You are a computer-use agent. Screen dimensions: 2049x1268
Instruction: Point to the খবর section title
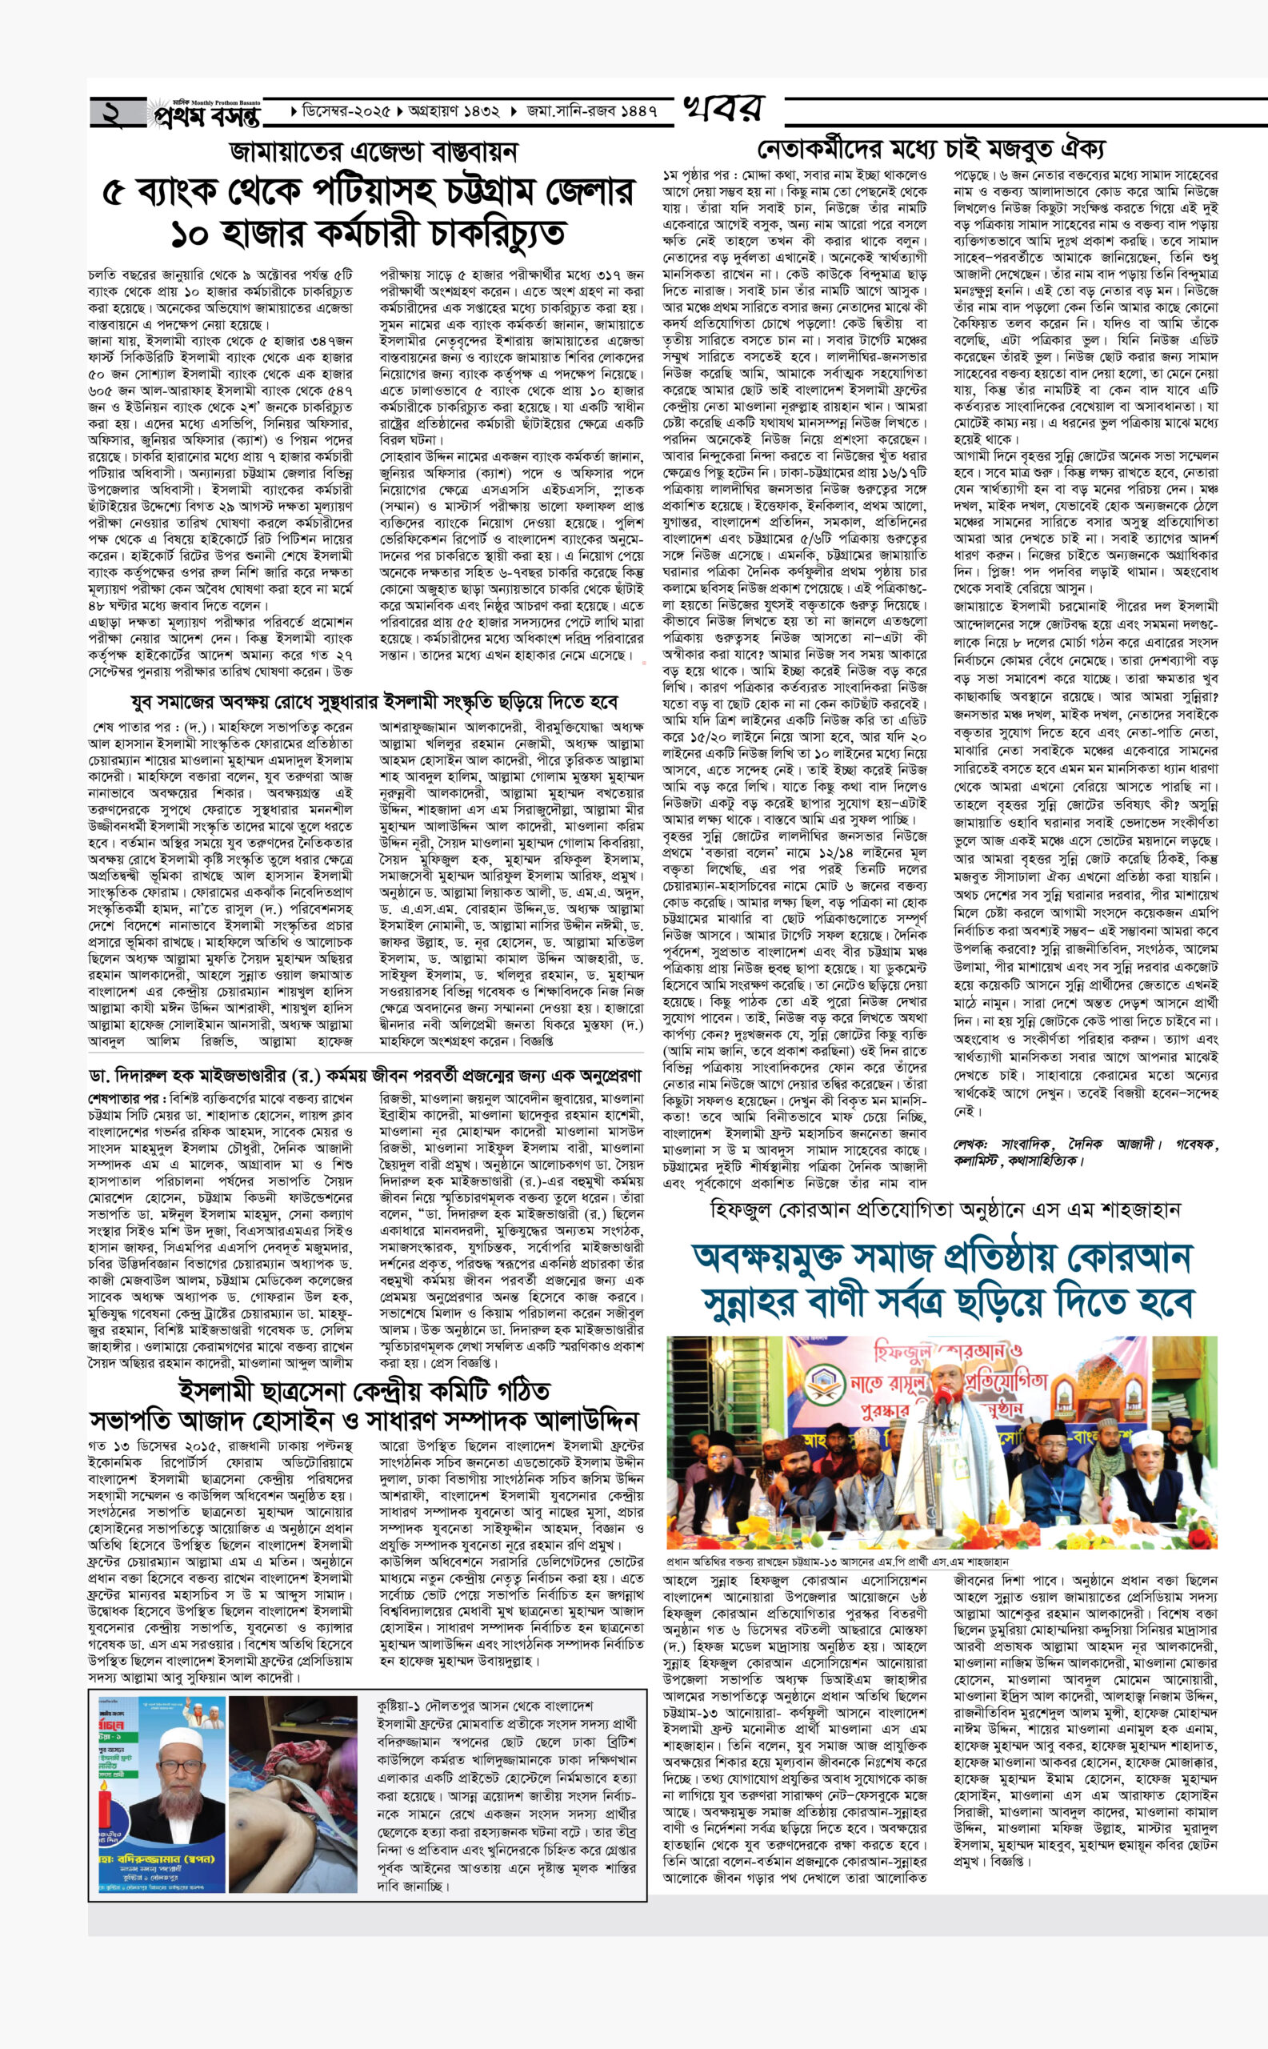click(x=722, y=109)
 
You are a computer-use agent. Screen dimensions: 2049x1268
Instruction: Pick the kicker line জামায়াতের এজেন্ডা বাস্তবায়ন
click(x=375, y=153)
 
